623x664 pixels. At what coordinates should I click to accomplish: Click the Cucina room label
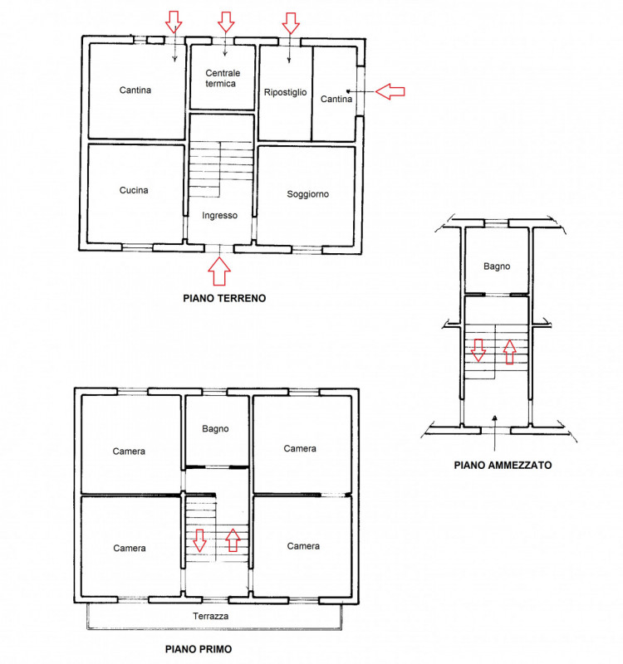pos(134,191)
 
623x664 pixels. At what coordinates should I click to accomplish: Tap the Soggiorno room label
pos(307,194)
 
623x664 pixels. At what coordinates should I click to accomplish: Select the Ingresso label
pos(219,216)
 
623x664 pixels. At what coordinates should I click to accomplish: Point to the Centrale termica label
pos(223,78)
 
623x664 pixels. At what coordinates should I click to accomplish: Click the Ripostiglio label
pos(285,92)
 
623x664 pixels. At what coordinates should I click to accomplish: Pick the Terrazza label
pos(211,616)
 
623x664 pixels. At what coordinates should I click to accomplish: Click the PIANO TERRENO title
pos(224,298)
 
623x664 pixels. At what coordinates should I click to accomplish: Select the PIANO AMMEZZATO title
pos(503,465)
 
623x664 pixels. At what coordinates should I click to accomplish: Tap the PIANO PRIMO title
pos(199,649)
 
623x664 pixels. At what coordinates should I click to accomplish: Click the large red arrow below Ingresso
pos(219,271)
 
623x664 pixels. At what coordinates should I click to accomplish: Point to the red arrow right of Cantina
pos(390,91)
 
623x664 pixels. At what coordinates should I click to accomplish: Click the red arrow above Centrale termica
pos(226,22)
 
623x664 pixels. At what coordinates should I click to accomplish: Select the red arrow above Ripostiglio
pos(291,23)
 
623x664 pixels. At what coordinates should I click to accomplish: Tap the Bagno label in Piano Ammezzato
pos(497,266)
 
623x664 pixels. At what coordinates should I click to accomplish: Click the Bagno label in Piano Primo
pos(215,428)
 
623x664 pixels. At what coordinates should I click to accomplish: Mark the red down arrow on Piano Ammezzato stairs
pos(478,349)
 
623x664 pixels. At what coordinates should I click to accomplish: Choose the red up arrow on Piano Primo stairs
pos(233,540)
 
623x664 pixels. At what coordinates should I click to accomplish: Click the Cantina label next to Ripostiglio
pos(336,99)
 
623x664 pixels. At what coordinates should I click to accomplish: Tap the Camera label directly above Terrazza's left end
pos(130,548)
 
